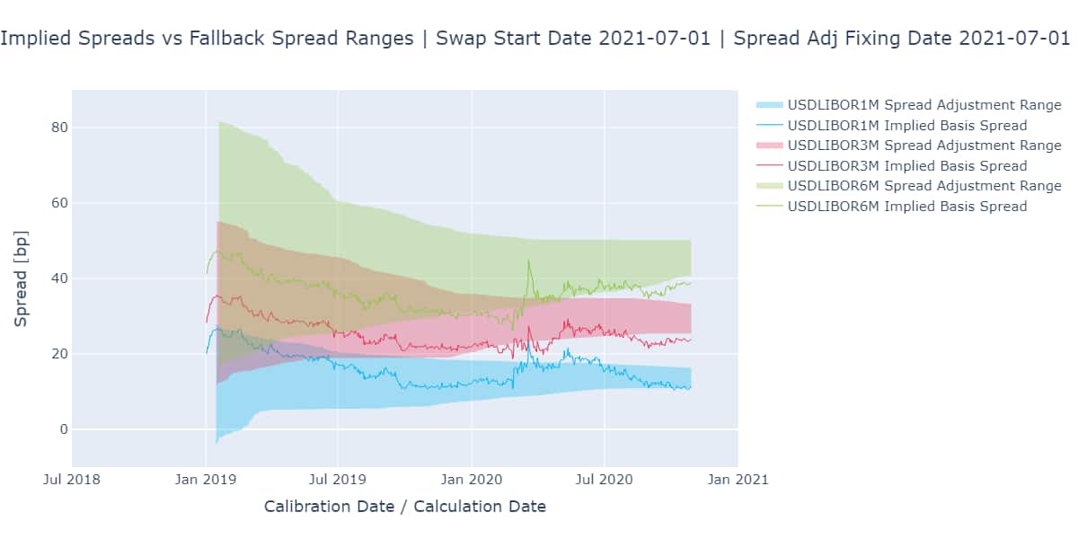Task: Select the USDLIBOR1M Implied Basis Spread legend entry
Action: tap(906, 126)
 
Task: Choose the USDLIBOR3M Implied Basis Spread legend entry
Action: tap(906, 165)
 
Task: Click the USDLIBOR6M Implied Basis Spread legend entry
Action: tap(906, 206)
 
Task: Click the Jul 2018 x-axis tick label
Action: tap(73, 480)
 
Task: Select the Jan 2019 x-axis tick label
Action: tap(206, 480)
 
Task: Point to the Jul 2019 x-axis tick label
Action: tap(339, 480)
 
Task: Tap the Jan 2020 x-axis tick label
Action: tap(472, 480)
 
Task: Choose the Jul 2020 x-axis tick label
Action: tap(605, 480)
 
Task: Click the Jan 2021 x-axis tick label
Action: tap(738, 480)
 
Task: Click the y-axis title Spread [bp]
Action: tap(21, 278)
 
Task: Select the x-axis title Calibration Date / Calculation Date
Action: tap(404, 507)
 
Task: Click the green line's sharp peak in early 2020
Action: tap(528, 261)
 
